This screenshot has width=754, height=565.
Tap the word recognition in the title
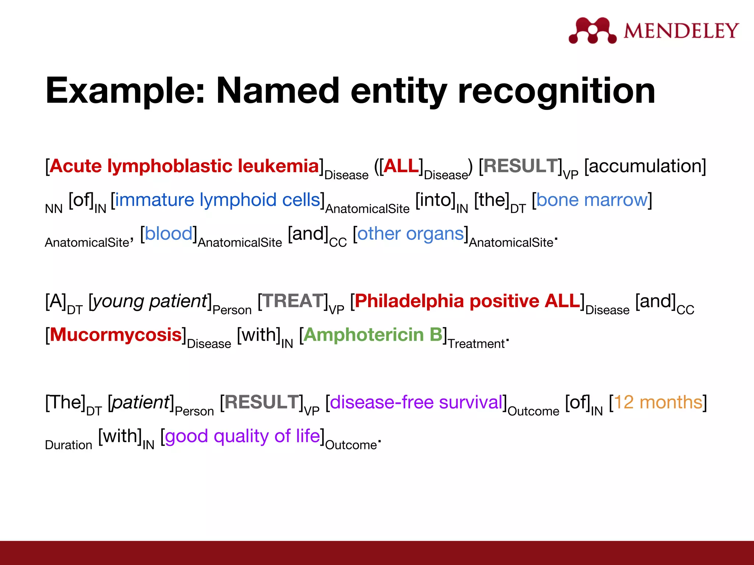coord(556,91)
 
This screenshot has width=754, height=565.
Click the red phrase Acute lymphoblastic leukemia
coord(184,166)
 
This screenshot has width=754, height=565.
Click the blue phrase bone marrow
coord(592,200)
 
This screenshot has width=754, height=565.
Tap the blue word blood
coord(169,234)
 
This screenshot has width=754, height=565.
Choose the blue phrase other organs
coord(410,234)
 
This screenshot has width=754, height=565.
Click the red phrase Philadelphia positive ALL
coord(467,301)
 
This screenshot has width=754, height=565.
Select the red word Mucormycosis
coord(116,335)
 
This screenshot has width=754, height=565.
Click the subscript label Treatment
coord(476,344)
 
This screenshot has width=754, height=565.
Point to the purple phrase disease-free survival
coord(416,402)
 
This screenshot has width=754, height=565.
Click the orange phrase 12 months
coord(658,402)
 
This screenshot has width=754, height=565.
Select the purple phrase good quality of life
coord(242,436)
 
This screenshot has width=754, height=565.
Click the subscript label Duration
coord(68,445)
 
